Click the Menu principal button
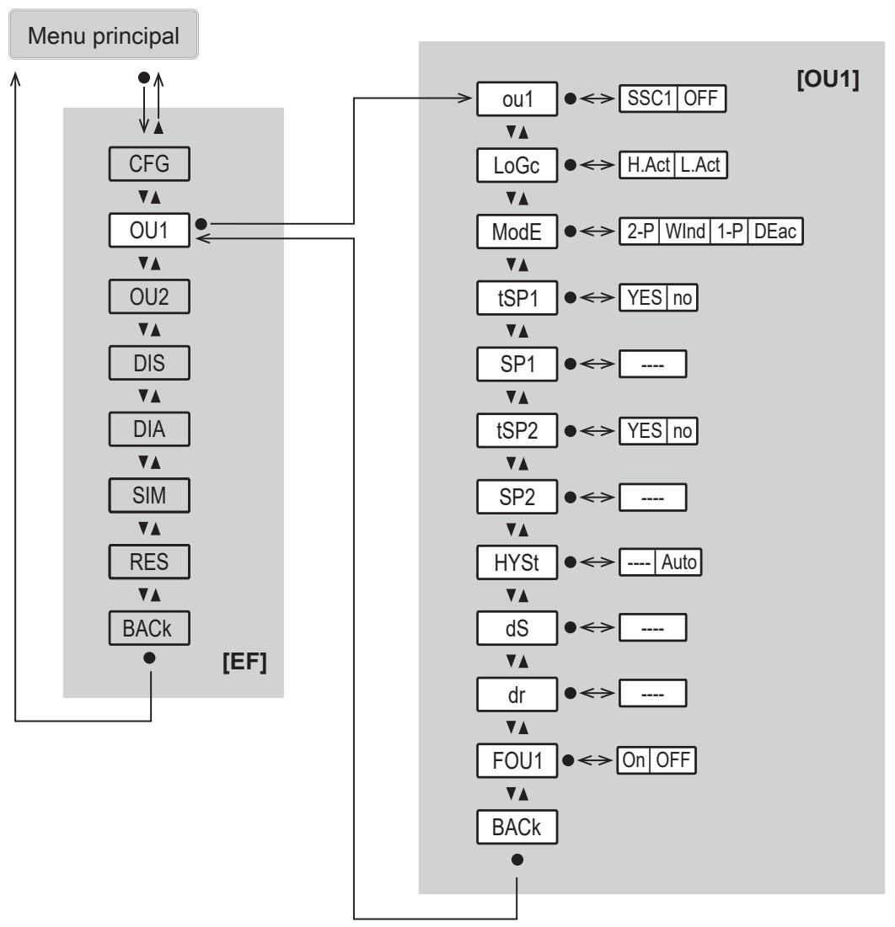click(x=104, y=35)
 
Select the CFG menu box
click(x=149, y=164)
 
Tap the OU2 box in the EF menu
click(x=149, y=296)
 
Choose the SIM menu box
click(x=149, y=495)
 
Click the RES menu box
click(x=149, y=561)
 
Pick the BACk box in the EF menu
click(x=149, y=628)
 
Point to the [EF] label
click(x=244, y=662)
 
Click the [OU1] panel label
click(x=828, y=78)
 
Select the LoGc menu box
click(x=517, y=165)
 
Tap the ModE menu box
click(x=517, y=232)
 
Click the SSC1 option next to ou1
click(x=648, y=99)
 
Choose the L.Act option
click(x=700, y=164)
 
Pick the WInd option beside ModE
click(x=685, y=231)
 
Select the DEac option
click(x=774, y=231)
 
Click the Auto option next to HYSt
click(x=678, y=562)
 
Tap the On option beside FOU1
click(x=634, y=759)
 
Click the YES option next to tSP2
click(x=644, y=430)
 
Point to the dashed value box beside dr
click(x=653, y=694)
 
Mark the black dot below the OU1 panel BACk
click(x=517, y=860)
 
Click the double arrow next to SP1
click(x=597, y=364)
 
